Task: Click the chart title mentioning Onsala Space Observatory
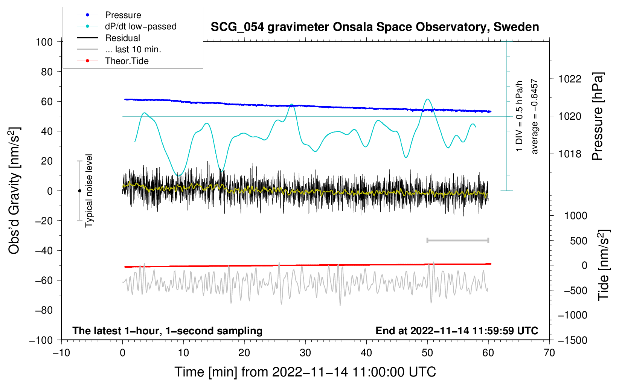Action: click(375, 27)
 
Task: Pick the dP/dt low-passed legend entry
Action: click(140, 26)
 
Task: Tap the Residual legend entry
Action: click(122, 38)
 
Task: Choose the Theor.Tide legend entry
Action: click(127, 61)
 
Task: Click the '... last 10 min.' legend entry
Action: click(133, 49)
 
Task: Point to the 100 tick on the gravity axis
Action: click(44, 42)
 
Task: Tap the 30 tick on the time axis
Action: click(305, 353)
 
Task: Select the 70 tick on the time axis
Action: click(549, 353)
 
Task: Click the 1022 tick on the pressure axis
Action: click(570, 79)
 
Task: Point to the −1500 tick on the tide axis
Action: click(572, 340)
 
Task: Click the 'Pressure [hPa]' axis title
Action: click(598, 117)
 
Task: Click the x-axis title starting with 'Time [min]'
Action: click(305, 372)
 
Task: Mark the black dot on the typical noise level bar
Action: click(79, 191)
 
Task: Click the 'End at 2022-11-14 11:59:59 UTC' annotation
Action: click(457, 331)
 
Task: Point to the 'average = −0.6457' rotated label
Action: click(535, 117)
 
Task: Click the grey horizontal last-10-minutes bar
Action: click(457, 241)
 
